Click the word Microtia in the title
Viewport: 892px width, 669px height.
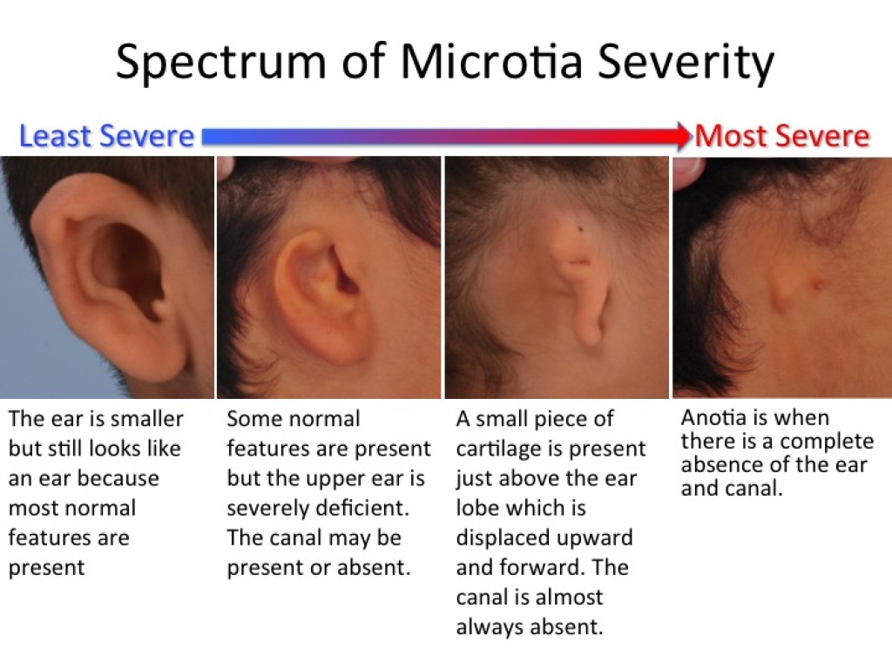pos(491,61)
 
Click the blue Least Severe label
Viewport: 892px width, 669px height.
pos(107,137)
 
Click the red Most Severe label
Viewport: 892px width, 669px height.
pos(781,137)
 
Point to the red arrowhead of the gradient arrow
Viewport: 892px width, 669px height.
pos(683,136)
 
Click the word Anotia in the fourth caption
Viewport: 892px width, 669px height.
pos(713,417)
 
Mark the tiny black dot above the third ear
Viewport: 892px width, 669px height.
pos(581,229)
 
